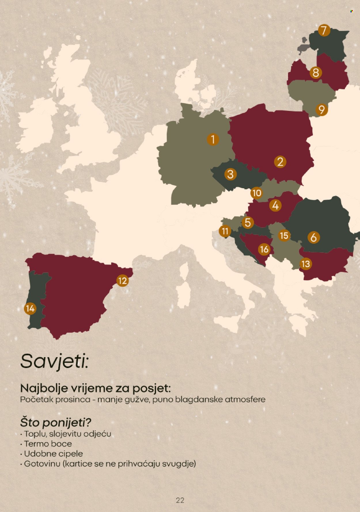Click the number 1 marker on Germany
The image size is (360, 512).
[x=213, y=139]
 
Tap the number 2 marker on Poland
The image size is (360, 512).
[x=280, y=162]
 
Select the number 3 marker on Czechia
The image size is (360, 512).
[x=230, y=174]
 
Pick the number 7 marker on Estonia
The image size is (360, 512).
[x=324, y=30]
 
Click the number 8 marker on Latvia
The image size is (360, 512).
[x=316, y=73]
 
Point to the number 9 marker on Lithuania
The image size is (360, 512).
[x=322, y=110]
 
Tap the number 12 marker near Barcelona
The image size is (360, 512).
[x=123, y=280]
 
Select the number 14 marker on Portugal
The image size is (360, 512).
[x=30, y=309]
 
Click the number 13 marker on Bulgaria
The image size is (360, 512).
[x=306, y=264]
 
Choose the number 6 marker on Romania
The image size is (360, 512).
[x=314, y=237]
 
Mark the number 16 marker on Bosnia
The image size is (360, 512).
[x=264, y=249]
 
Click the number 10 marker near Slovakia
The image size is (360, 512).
[x=257, y=193]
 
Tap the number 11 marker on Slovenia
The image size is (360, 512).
[x=225, y=231]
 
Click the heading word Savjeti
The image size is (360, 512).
[x=54, y=361]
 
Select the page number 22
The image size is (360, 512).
[x=180, y=500]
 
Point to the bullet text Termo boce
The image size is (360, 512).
[x=48, y=444]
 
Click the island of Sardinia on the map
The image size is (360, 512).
[x=182, y=295]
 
